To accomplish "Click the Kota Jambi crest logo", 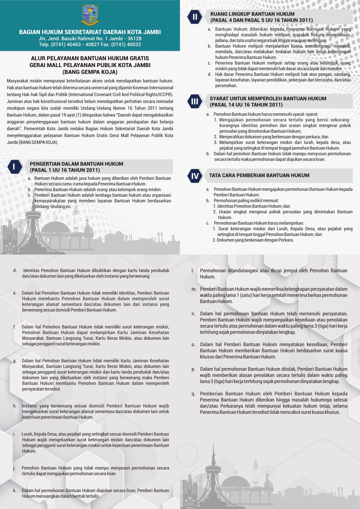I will pyautogui.click(x=90, y=14).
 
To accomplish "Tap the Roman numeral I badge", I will pyautogui.click(x=14, y=167).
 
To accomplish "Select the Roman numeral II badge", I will pyautogui.click(x=195, y=17).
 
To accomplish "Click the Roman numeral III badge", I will pyautogui.click(x=195, y=102).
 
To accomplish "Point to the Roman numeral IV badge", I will pyautogui.click(x=195, y=176).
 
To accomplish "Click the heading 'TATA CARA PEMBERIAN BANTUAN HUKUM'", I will pyautogui.click(x=259, y=175).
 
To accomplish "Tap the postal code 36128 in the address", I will pyautogui.click(x=134, y=39).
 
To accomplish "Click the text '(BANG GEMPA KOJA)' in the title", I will pyautogui.click(x=90, y=72).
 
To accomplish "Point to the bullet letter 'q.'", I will pyautogui.click(x=193, y=394).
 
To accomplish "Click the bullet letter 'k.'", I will pyautogui.click(x=14, y=491).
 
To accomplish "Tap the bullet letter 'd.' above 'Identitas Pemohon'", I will pyautogui.click(x=14, y=271).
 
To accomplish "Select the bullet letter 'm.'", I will pyautogui.click(x=194, y=289).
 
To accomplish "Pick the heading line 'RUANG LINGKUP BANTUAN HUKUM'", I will pyautogui.click(x=252, y=14).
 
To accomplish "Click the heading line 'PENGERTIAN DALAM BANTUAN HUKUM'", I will pyautogui.click(x=76, y=164).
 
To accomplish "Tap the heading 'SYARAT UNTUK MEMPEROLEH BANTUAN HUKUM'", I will pyautogui.click(x=268, y=99).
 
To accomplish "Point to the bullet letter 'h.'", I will pyautogui.click(x=14, y=406).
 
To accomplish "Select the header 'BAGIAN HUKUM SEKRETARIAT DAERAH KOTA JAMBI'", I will pyautogui.click(x=90, y=32).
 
